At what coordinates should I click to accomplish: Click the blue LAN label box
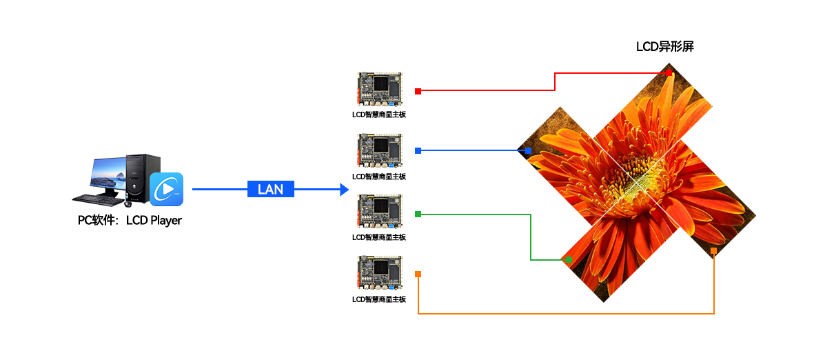(x=270, y=190)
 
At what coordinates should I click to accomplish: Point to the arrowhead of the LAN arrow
(x=345, y=190)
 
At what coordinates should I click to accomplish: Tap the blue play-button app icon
(x=167, y=189)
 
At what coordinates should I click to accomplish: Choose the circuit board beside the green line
(x=379, y=211)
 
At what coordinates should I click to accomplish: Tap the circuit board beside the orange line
(x=379, y=272)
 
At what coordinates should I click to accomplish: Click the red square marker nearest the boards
(x=418, y=91)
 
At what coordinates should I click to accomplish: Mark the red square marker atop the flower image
(x=669, y=72)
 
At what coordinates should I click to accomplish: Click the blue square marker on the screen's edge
(x=528, y=150)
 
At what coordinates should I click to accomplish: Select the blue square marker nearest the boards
(x=418, y=150)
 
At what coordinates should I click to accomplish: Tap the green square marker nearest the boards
(x=418, y=215)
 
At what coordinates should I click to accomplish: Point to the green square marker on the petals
(x=569, y=260)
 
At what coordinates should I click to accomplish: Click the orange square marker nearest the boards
(x=418, y=274)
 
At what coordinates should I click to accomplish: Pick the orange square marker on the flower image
(x=713, y=250)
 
